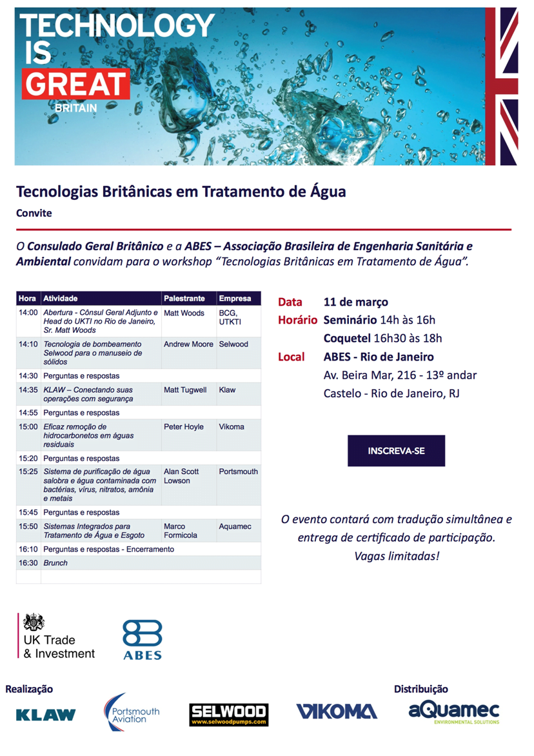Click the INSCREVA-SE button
point(396,451)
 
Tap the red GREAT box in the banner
point(75,85)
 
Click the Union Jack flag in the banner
point(509,86)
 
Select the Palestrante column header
point(184,299)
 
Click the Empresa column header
point(235,299)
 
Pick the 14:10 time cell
point(28,344)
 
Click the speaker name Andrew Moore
point(188,344)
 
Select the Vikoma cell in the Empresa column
point(232,426)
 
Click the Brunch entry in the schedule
point(55,563)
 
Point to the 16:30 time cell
point(28,563)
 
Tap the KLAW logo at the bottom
point(46,715)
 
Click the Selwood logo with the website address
point(229,715)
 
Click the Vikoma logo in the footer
point(337,711)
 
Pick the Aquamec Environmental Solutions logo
point(454,712)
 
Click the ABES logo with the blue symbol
point(142,639)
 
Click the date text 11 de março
point(355,302)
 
